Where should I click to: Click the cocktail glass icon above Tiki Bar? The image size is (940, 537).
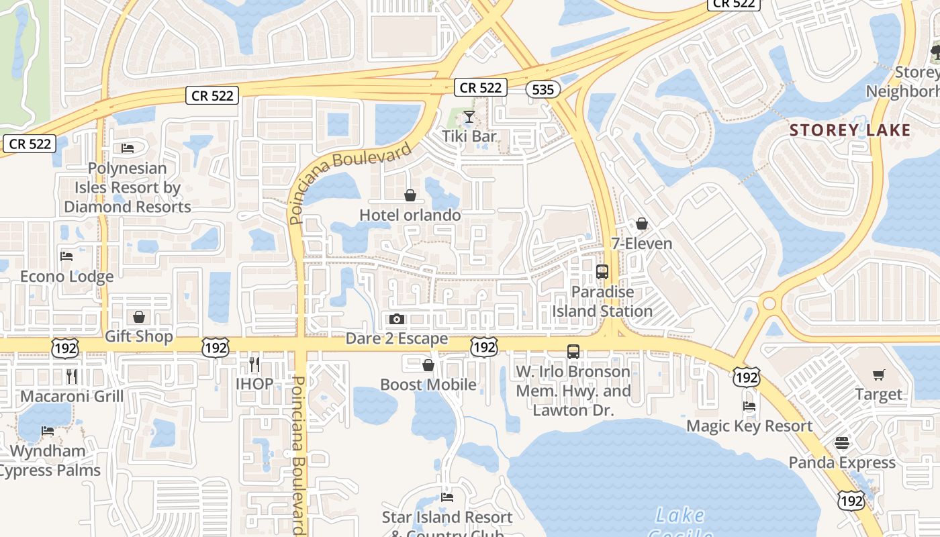pyautogui.click(x=469, y=117)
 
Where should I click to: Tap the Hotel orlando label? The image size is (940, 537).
pyautogui.click(x=410, y=215)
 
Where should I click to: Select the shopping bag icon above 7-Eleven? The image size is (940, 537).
pyautogui.click(x=642, y=224)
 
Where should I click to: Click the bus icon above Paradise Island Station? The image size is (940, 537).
pyautogui.click(x=602, y=272)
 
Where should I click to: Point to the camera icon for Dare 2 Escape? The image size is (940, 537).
pyautogui.click(x=397, y=319)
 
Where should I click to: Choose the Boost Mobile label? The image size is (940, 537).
pyautogui.click(x=428, y=385)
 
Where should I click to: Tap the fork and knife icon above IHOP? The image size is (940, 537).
pyautogui.click(x=254, y=364)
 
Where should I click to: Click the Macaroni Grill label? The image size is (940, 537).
pyautogui.click(x=72, y=396)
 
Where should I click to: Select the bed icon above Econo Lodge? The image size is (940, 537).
pyautogui.click(x=66, y=256)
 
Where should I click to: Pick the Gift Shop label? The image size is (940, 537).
pyautogui.click(x=139, y=336)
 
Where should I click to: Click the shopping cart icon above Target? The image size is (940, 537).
pyautogui.click(x=878, y=375)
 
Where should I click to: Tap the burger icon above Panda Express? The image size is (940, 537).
pyautogui.click(x=842, y=443)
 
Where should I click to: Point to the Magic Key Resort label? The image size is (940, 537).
pyautogui.click(x=749, y=426)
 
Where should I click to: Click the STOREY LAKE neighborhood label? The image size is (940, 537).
pyautogui.click(x=850, y=130)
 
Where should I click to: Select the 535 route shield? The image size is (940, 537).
pyautogui.click(x=543, y=89)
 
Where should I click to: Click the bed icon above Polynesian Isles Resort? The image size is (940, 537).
pyautogui.click(x=128, y=148)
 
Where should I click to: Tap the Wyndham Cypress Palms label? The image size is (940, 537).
pyautogui.click(x=49, y=460)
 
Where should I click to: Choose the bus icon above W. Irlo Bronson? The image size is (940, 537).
pyautogui.click(x=573, y=351)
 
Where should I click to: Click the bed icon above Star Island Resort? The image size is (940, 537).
pyautogui.click(x=447, y=497)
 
